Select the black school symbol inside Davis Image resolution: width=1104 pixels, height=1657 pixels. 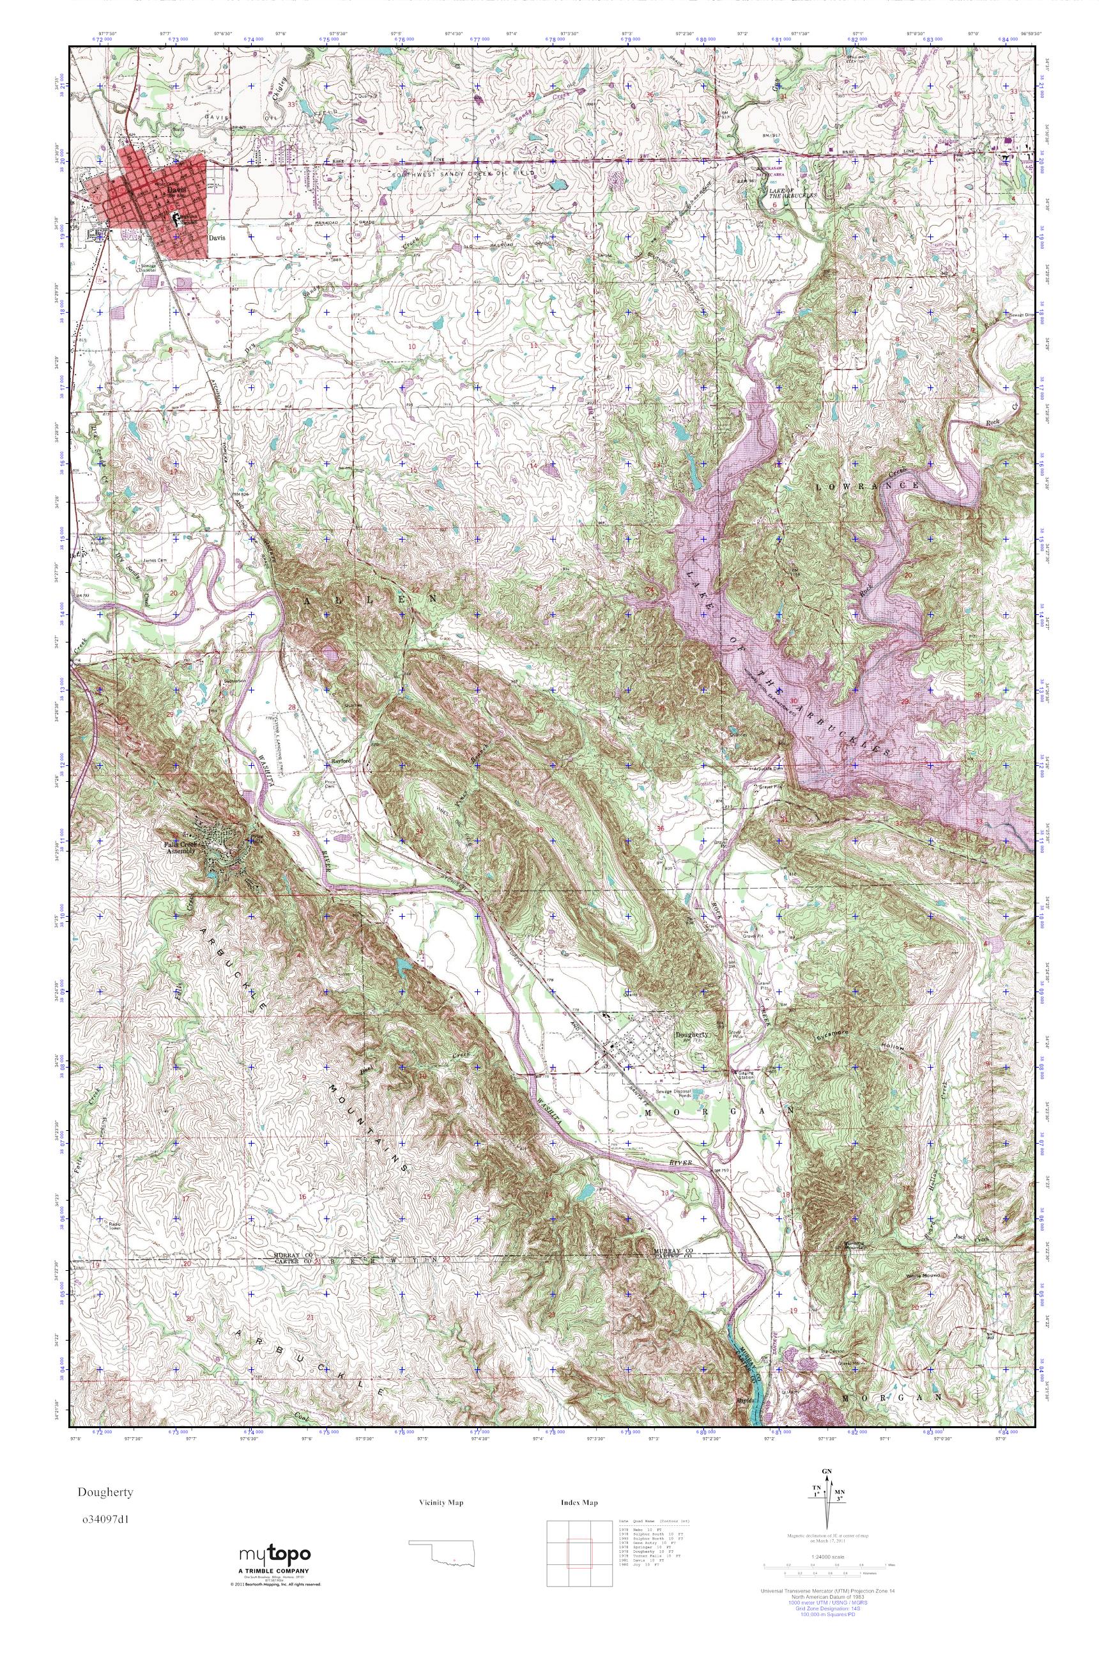pyautogui.click(x=177, y=218)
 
